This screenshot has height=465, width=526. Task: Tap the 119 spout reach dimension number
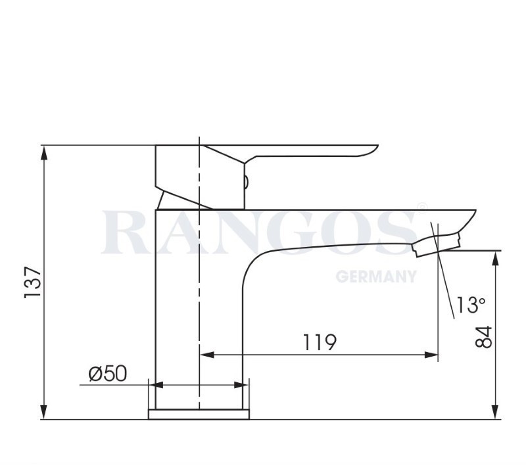tap(320, 342)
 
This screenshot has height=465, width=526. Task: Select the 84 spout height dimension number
tap(483, 337)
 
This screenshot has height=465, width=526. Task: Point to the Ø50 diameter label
tap(108, 374)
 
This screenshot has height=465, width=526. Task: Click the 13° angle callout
tap(470, 305)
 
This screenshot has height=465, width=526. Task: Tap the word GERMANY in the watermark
tap(376, 277)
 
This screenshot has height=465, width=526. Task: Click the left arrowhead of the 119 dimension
tap(207, 355)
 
